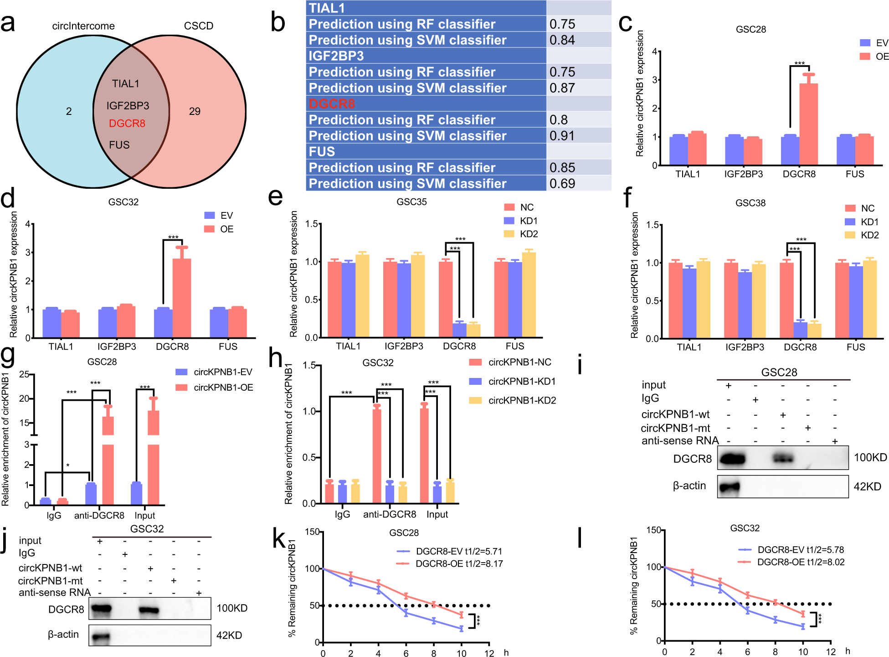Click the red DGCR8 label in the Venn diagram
pos(127,124)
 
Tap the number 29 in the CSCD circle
pos(195,111)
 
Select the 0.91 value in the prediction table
pos(562,136)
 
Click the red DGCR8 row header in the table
pos(331,104)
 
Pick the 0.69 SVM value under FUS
pos(562,184)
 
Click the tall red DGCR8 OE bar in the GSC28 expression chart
pos(808,123)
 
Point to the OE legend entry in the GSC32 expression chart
pos(219,229)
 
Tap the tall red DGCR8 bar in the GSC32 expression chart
pos(181,296)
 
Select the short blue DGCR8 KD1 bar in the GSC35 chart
pos(459,330)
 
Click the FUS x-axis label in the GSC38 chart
pos(855,347)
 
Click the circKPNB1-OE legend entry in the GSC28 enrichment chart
pos(215,388)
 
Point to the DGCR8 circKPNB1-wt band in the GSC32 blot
pos(149,610)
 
